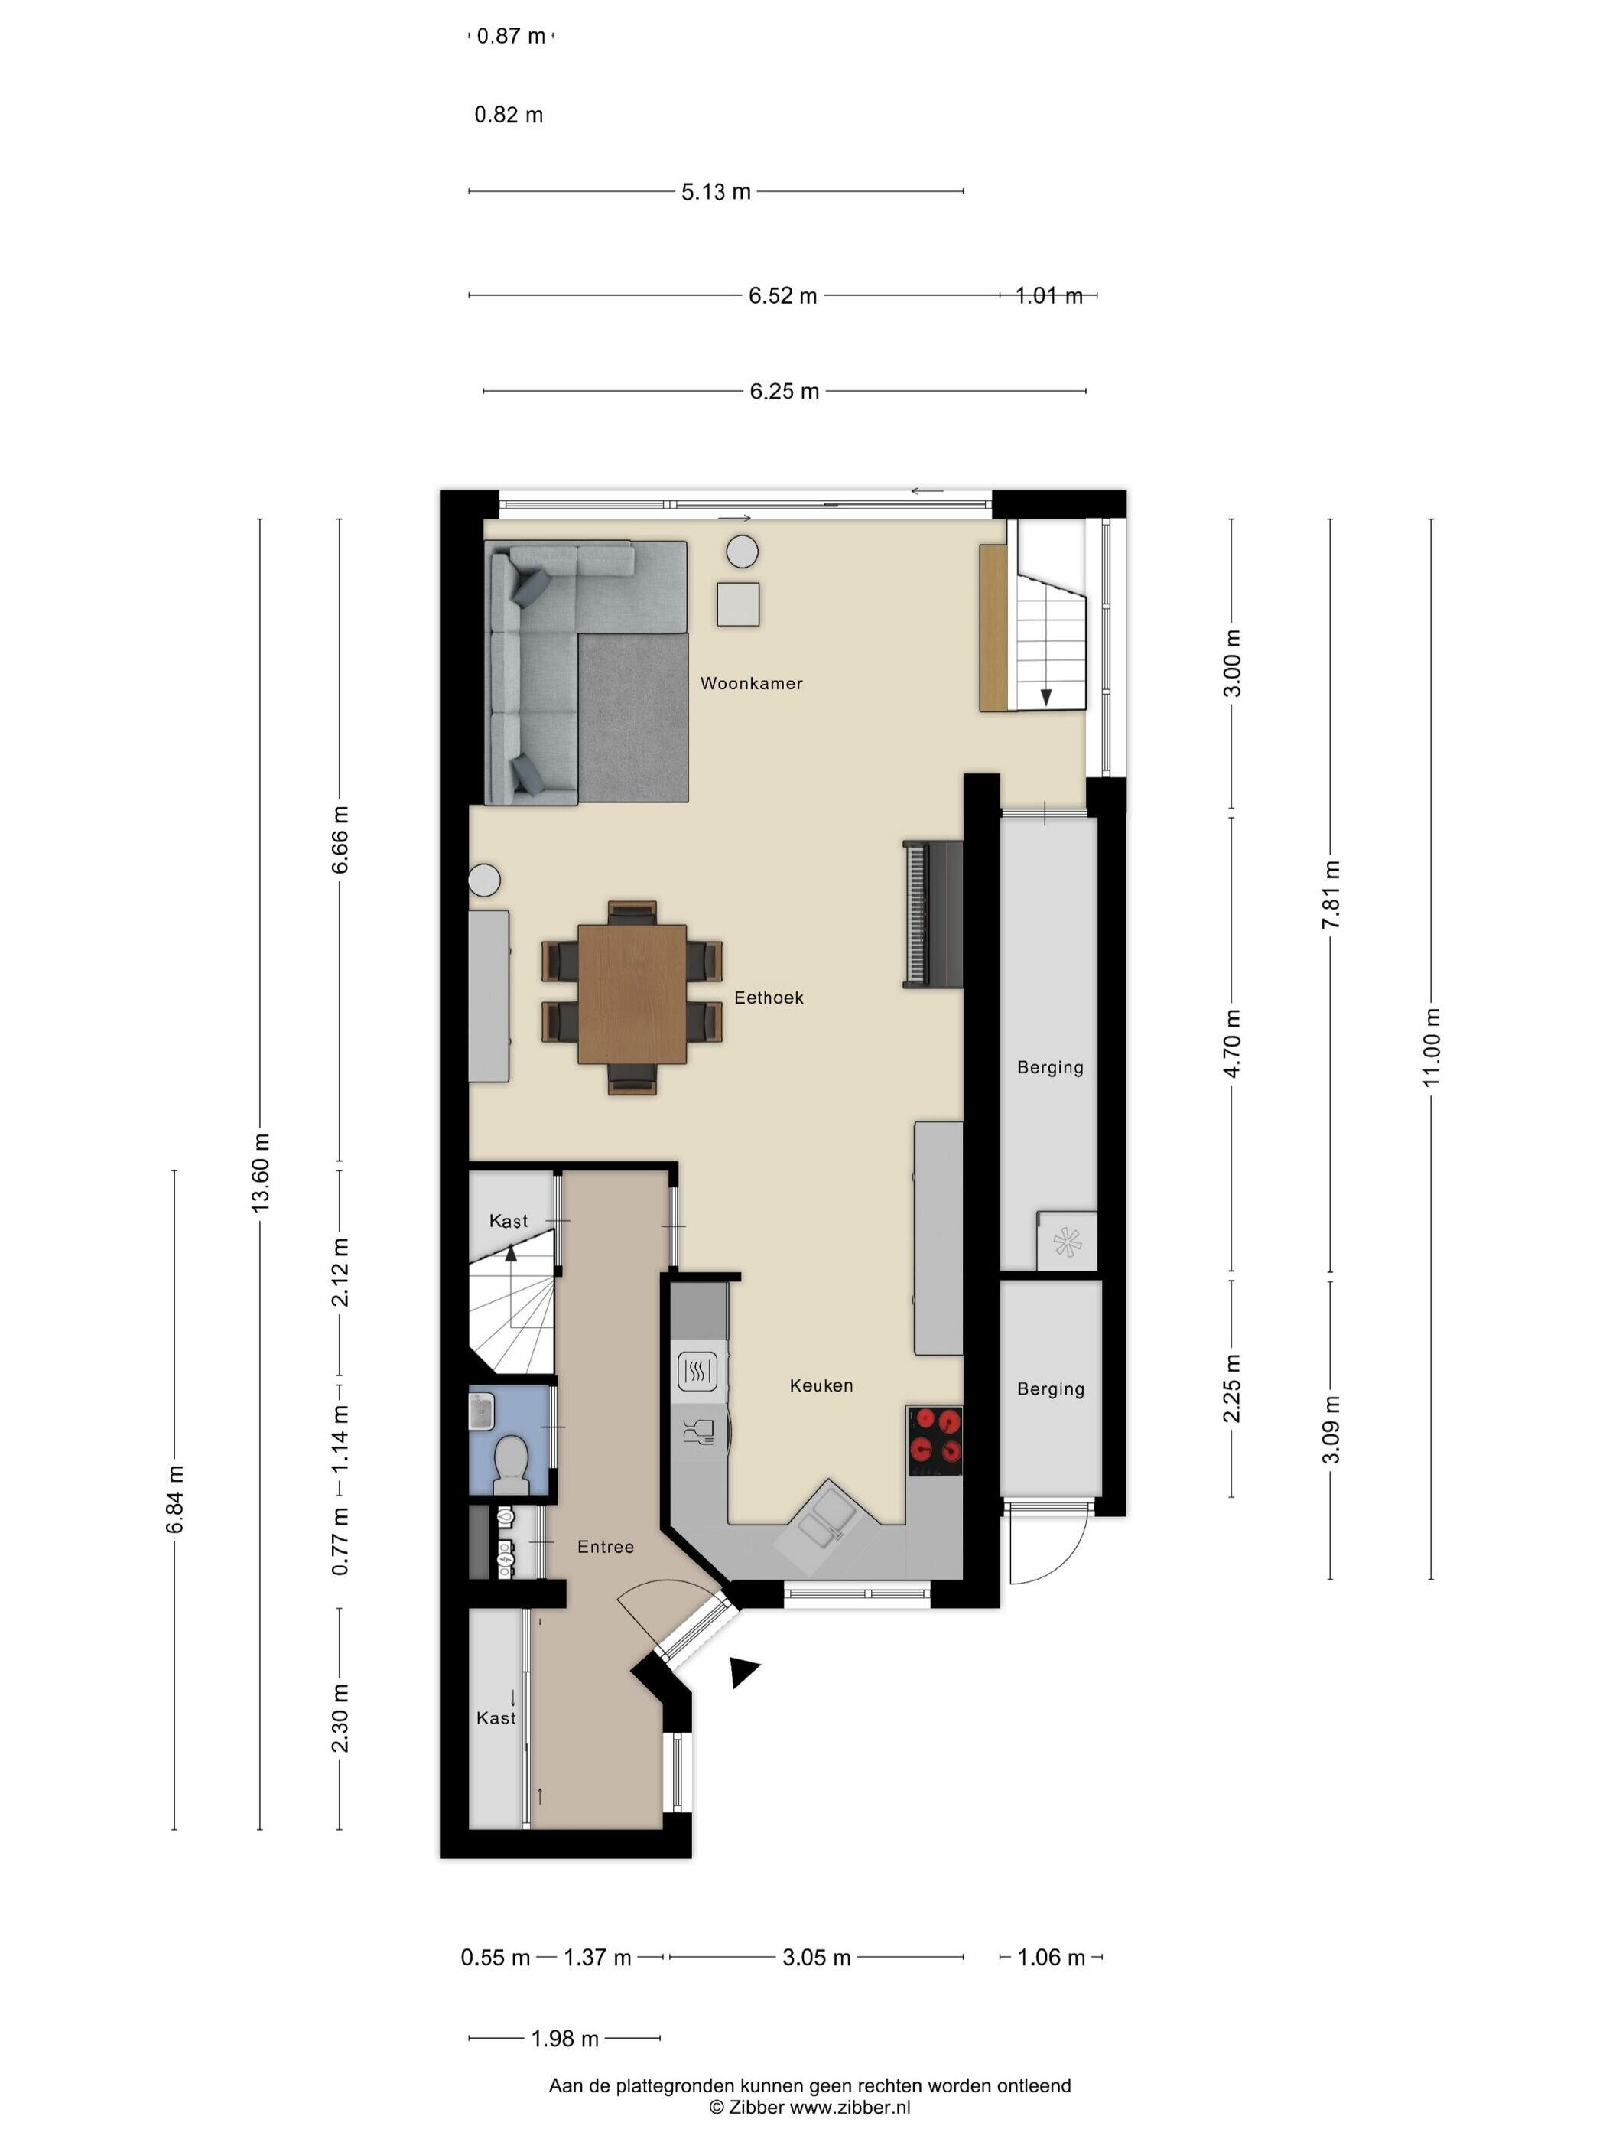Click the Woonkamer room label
pos(751,684)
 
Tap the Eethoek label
pos(769,998)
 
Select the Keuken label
pos(821,1385)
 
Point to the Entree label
pos(605,1548)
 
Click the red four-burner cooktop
pos(935,1440)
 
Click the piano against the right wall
pos(933,914)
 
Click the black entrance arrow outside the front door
pos(743,1671)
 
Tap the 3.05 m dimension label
pos(816,1957)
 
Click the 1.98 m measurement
pos(564,2039)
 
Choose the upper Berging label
pos(1049,1067)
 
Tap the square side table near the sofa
pos(738,604)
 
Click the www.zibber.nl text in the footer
pos(850,2107)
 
